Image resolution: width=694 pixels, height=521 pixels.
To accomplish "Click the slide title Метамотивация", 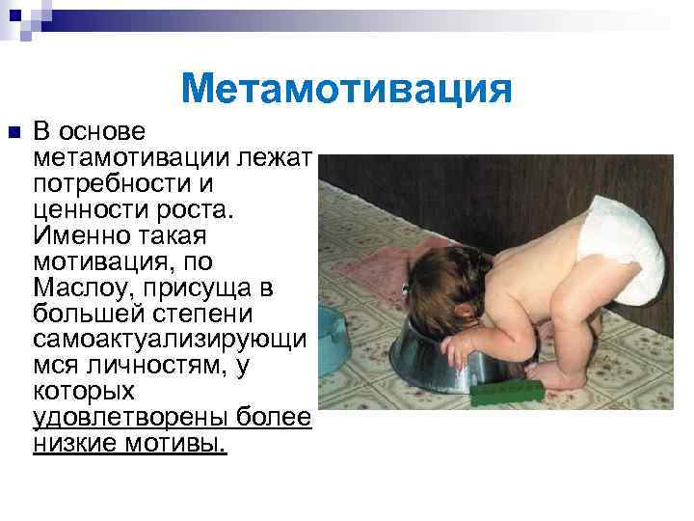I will pyautogui.click(x=346, y=90).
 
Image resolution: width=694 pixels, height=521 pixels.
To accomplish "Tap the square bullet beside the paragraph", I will pyautogui.click(x=13, y=131).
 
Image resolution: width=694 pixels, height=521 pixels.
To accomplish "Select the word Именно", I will pyautogui.click(x=79, y=235).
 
